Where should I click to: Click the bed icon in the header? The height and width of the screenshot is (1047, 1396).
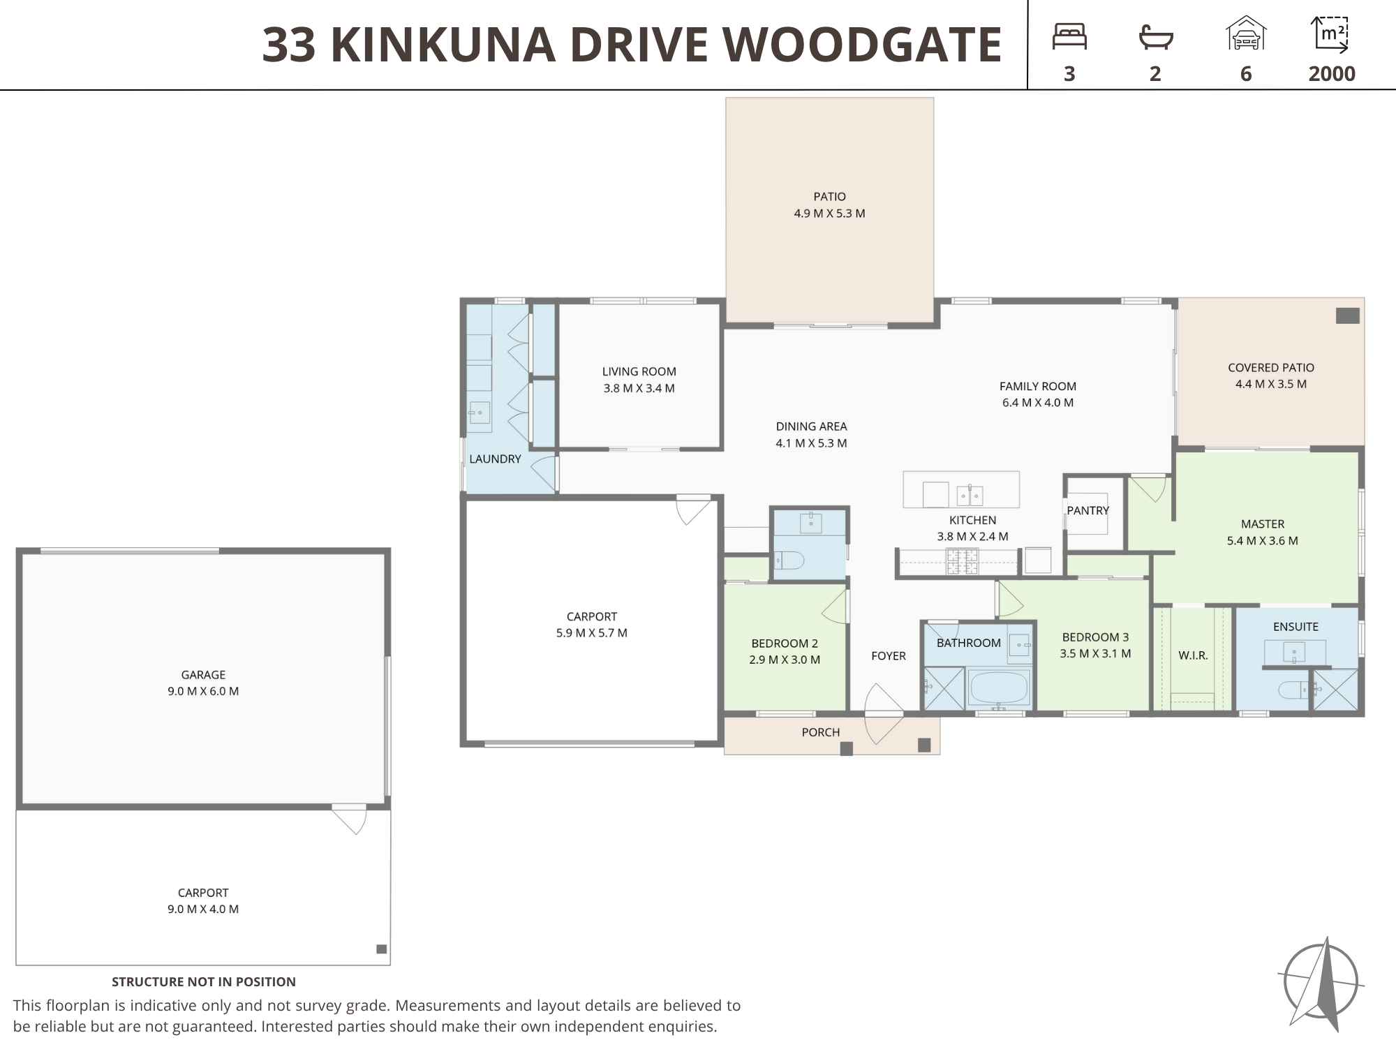point(1069,36)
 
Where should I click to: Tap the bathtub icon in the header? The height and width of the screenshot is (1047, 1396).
point(1155,37)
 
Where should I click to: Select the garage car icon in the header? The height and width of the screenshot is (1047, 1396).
point(1246,34)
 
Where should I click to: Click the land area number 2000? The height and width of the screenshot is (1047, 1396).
point(1332,74)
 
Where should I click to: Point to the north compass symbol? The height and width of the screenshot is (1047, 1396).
point(1321,983)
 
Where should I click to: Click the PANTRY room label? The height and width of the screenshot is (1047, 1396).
point(1087,510)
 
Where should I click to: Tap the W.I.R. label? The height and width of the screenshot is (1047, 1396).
point(1193,655)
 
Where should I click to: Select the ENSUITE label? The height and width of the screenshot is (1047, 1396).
point(1295,627)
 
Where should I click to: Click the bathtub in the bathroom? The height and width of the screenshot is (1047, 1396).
point(998,688)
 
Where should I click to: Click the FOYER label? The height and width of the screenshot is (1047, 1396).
point(889,656)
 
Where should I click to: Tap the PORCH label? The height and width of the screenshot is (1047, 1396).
point(821,732)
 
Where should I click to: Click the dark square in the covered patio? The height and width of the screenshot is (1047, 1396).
point(1348,315)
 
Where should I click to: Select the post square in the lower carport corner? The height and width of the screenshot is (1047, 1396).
point(382,949)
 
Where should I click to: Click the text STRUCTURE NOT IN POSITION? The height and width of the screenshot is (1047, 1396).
point(204,982)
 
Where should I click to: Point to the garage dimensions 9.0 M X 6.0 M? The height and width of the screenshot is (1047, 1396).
point(203,691)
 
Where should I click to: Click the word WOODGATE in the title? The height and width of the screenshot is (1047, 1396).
point(862,45)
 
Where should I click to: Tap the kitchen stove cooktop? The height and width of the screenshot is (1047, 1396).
point(962,562)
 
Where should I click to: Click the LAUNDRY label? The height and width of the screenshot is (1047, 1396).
point(495,459)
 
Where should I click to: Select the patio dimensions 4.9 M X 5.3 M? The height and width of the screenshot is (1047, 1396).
point(829,214)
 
